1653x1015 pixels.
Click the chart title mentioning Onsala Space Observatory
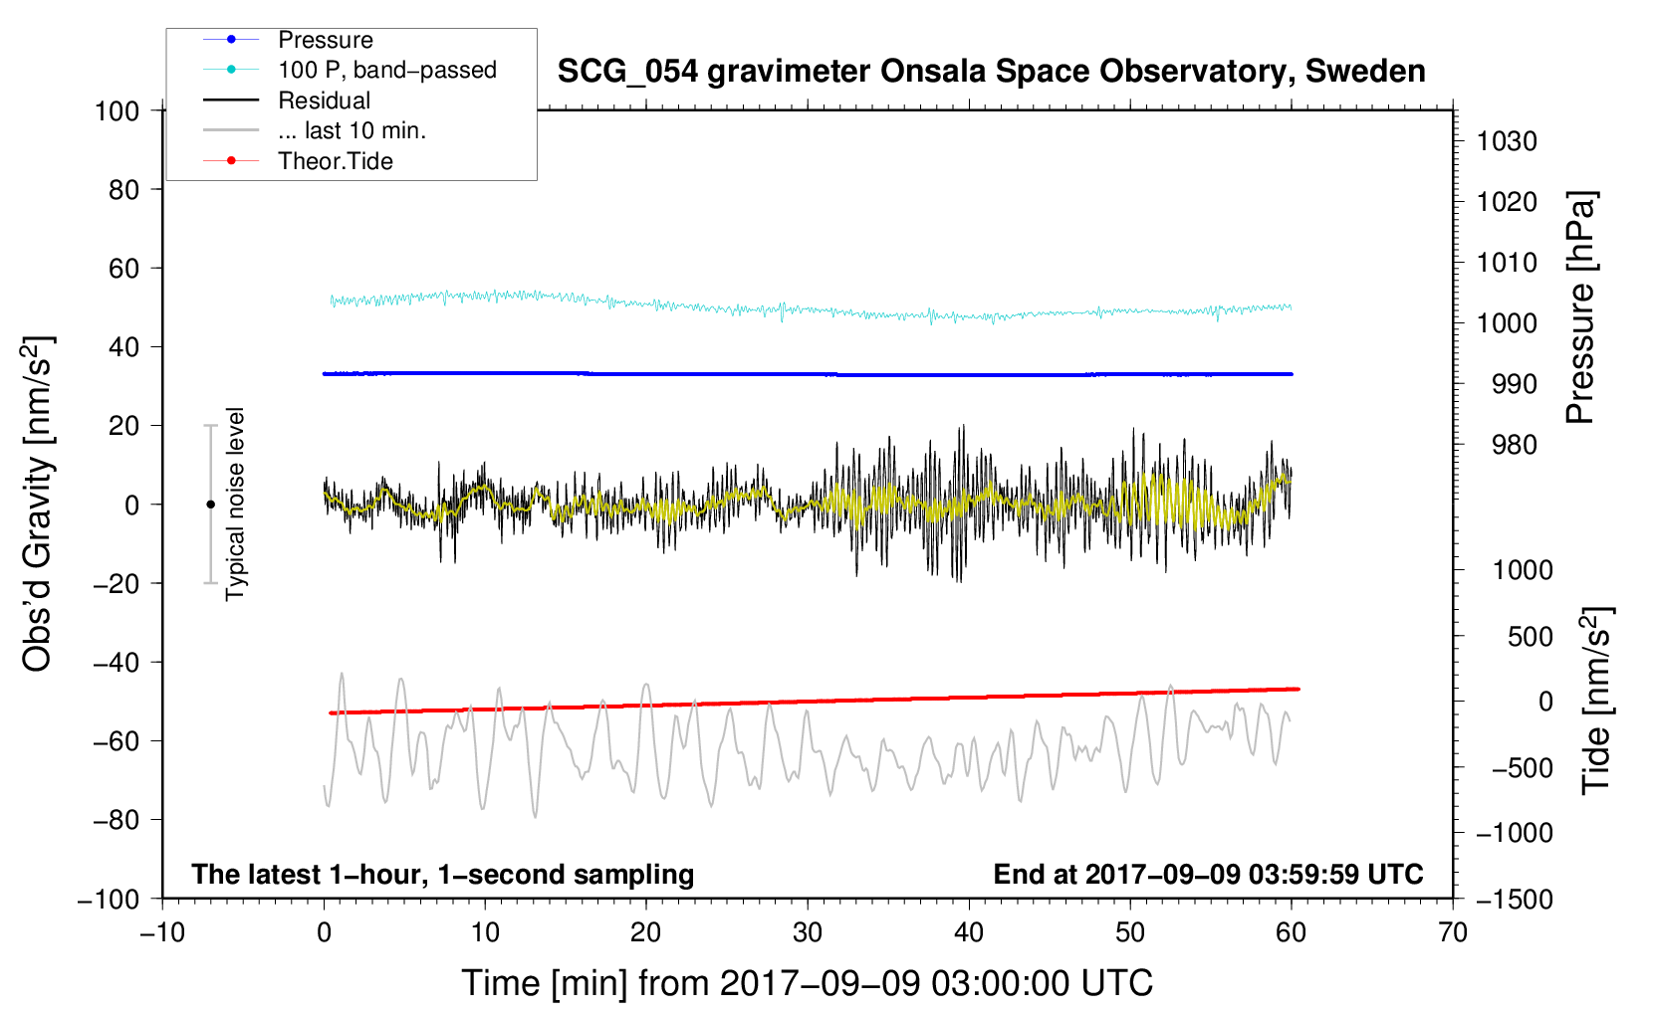[x=991, y=72]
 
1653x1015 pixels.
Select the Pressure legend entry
[x=326, y=40]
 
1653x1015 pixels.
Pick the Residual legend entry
[x=324, y=101]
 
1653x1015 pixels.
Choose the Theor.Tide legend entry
[x=336, y=161]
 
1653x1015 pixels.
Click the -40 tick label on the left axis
[x=116, y=663]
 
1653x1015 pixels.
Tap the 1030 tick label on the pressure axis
[x=1507, y=141]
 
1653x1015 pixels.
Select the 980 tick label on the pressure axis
[x=1515, y=445]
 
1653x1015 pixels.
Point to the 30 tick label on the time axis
[x=808, y=933]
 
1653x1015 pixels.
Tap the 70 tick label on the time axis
[x=1452, y=933]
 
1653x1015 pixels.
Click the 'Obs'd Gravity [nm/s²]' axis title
[x=37, y=505]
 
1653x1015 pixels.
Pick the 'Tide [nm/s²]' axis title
[x=1597, y=701]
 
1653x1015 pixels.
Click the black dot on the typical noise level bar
[x=210, y=505]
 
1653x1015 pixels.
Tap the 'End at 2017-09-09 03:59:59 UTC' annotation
[x=1208, y=874]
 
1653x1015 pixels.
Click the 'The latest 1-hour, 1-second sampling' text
[x=443, y=875]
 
